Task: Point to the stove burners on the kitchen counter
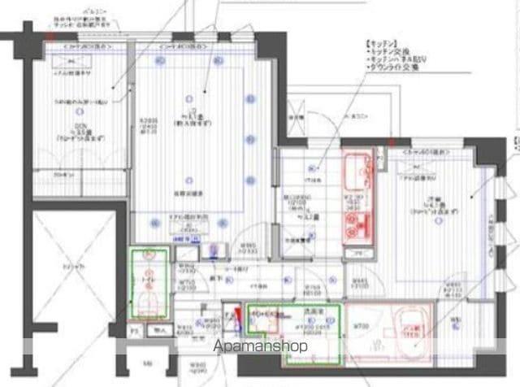click(x=357, y=218)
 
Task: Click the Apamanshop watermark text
click(x=260, y=346)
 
